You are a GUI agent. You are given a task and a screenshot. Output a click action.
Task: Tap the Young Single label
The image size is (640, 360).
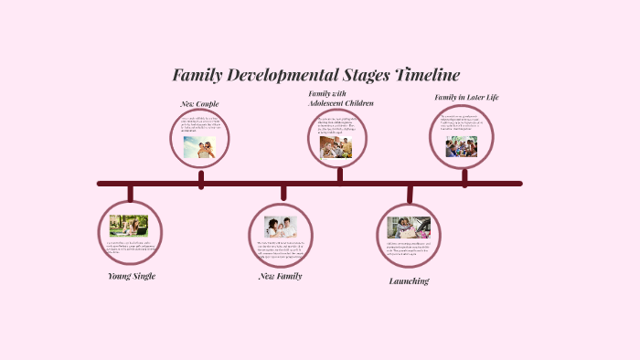point(131,276)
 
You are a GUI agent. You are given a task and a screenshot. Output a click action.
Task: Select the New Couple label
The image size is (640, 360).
point(199,104)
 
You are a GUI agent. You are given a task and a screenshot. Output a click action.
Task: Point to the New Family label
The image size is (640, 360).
point(280,276)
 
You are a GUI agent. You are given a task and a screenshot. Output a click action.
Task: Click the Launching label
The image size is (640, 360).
point(409,281)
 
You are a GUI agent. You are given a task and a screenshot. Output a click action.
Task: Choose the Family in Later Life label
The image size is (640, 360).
point(466,97)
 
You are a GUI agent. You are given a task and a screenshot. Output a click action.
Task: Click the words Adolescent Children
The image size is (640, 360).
point(341,103)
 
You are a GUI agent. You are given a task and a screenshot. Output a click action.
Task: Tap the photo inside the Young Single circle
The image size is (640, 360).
point(129,225)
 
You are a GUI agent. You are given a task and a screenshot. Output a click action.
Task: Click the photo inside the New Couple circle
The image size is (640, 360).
point(199,147)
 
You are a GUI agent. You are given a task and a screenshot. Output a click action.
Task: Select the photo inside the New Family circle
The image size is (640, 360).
point(281,227)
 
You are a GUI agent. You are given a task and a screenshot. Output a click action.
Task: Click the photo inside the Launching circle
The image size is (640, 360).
point(409,227)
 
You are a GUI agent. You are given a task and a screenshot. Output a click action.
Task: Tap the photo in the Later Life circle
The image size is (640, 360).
point(462,146)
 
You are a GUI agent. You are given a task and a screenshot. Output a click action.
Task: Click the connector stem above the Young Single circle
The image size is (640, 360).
point(130,193)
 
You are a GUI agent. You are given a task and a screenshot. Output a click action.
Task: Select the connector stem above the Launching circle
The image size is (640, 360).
point(410,194)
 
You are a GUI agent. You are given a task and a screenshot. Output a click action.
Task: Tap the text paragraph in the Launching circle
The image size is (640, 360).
point(408,248)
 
